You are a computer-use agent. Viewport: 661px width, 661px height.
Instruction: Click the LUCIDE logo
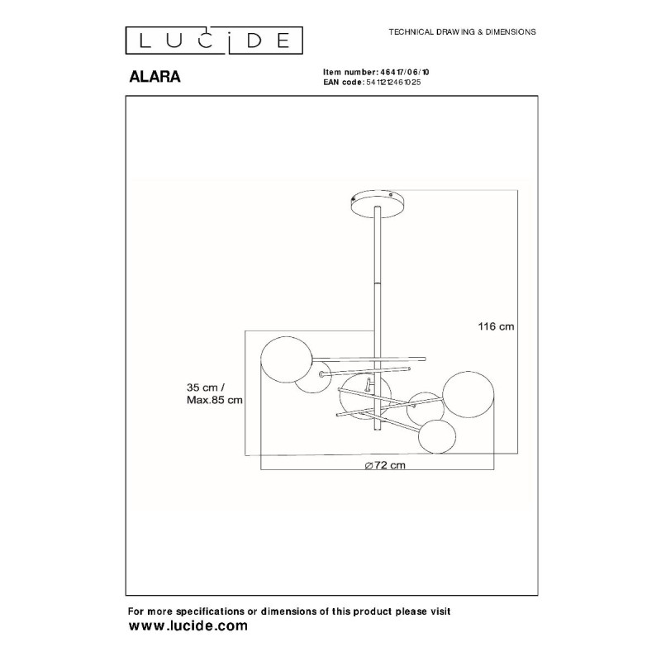(x=214, y=40)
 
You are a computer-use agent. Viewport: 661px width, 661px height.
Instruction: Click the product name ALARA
(x=155, y=77)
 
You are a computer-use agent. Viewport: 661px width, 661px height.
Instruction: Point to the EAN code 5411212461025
(x=393, y=82)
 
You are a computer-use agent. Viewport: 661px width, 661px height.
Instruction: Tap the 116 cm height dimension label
(x=496, y=326)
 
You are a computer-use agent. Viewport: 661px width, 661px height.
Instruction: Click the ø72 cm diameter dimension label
(x=385, y=465)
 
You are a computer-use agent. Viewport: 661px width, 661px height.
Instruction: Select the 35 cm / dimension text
(x=206, y=388)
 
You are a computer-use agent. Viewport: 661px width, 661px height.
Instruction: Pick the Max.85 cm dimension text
(x=215, y=400)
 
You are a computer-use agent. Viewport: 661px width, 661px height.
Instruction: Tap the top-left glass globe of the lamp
(x=287, y=359)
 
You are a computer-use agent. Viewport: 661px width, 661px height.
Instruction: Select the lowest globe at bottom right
(x=437, y=436)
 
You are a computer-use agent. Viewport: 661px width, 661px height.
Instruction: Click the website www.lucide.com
(x=188, y=625)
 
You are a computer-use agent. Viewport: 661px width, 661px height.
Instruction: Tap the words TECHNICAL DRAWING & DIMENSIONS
(x=462, y=31)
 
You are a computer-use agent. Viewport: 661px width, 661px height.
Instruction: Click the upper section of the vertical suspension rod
(x=378, y=245)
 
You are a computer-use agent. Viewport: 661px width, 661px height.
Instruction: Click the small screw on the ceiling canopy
(x=391, y=195)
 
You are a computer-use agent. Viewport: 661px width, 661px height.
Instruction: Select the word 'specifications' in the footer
(x=210, y=611)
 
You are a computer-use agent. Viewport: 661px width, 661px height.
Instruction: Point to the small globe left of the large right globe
(x=424, y=409)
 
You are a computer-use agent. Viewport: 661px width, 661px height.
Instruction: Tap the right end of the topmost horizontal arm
(x=425, y=359)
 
